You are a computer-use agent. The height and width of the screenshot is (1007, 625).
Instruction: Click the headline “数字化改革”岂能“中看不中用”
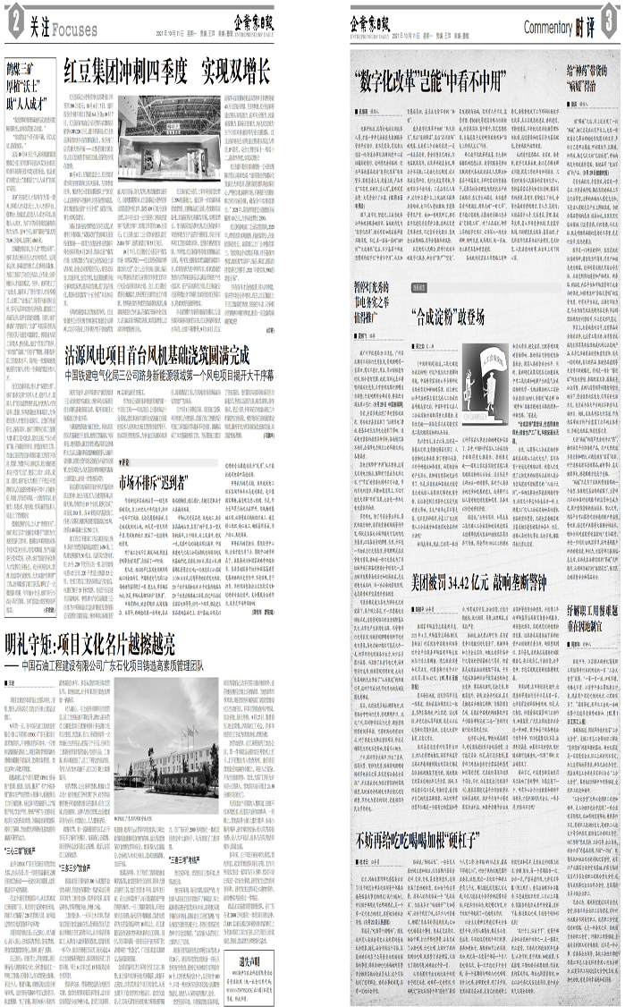pos(429,75)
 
